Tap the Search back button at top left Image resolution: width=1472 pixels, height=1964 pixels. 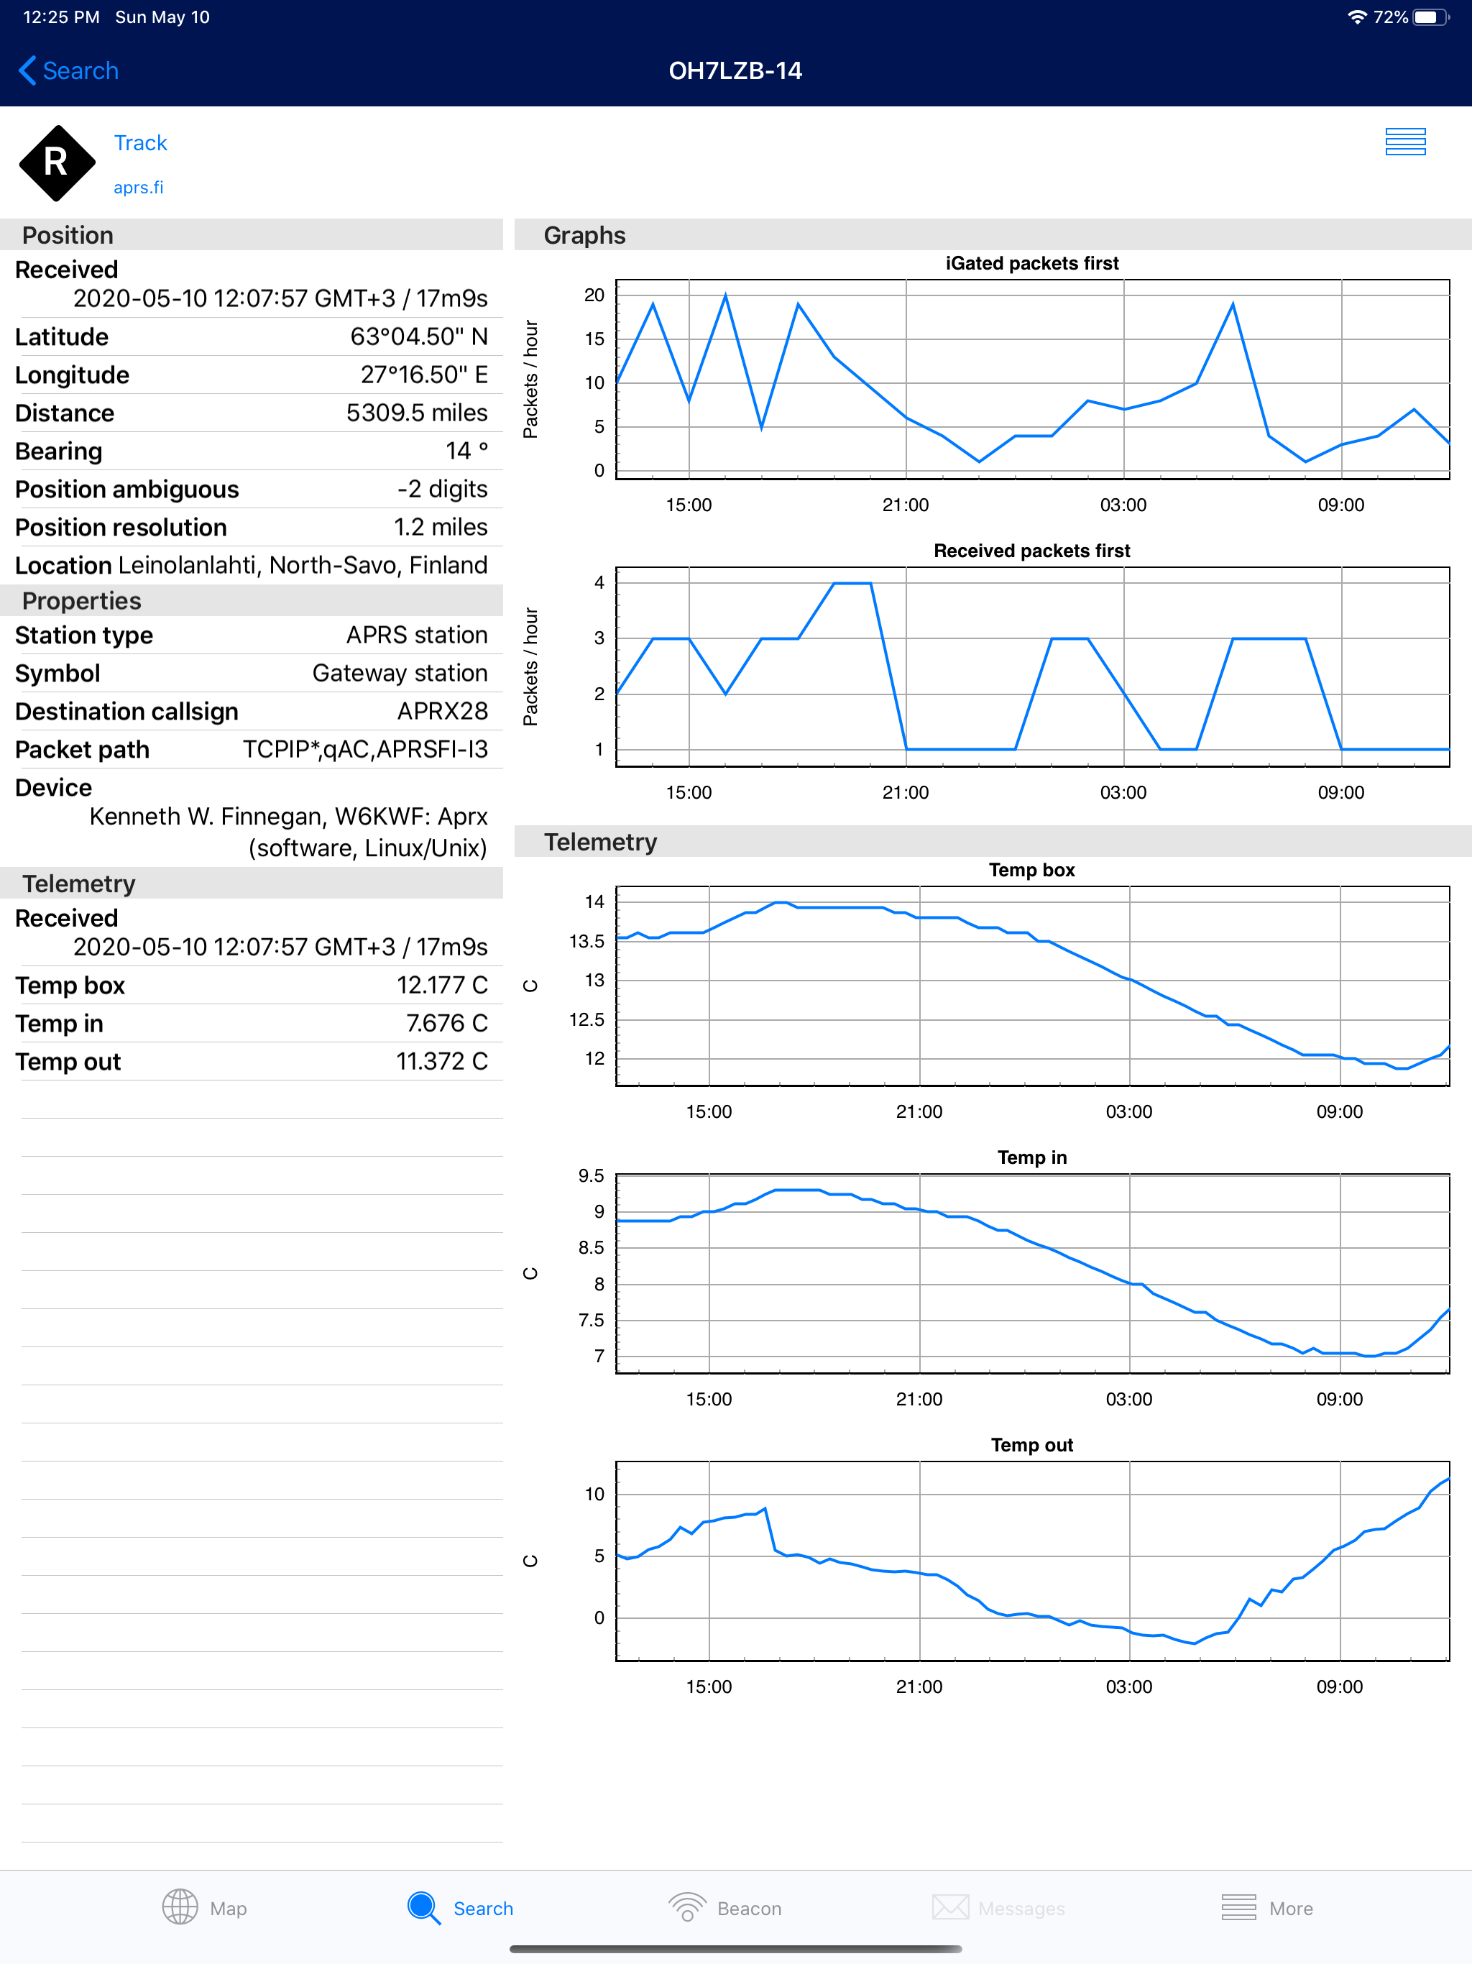point(68,71)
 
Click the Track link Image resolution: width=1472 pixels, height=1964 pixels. point(140,143)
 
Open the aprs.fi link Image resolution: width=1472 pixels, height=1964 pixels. point(139,188)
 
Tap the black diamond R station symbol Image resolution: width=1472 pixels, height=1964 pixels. point(57,162)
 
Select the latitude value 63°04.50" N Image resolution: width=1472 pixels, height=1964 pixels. point(418,336)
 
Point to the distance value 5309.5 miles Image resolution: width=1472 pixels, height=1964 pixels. point(416,413)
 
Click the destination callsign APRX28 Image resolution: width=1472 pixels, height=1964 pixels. point(442,711)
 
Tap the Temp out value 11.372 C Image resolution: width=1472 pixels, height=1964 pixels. point(441,1061)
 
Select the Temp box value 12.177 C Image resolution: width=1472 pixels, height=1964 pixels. point(441,985)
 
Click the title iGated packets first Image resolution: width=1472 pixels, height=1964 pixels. point(1031,263)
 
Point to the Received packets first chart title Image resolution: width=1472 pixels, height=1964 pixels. point(1031,551)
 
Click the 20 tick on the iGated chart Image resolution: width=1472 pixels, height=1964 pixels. point(594,295)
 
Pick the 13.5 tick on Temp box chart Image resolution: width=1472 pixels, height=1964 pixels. point(586,941)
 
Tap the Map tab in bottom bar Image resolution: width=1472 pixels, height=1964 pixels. point(204,1907)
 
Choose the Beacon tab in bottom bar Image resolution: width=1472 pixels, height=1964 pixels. point(725,1907)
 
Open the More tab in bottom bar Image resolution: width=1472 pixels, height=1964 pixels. point(1267,1907)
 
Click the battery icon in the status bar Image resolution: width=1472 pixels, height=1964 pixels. point(1430,17)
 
